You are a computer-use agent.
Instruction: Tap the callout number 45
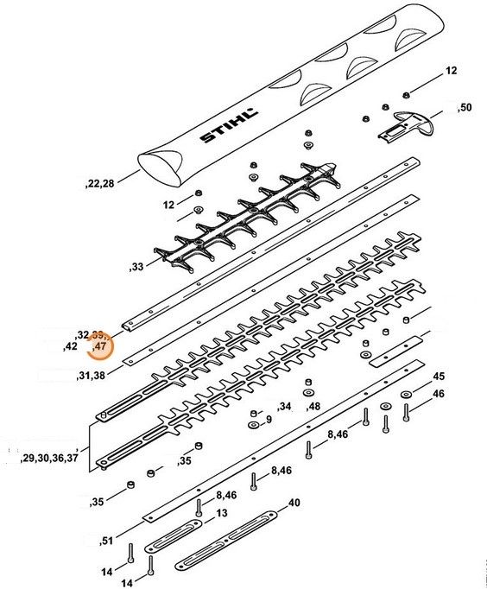click(439, 377)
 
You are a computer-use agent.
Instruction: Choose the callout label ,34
click(284, 406)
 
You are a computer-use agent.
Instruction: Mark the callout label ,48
click(313, 406)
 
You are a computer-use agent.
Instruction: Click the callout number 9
click(269, 420)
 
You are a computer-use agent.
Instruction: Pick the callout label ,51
click(106, 541)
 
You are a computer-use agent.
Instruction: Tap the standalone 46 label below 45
click(439, 394)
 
